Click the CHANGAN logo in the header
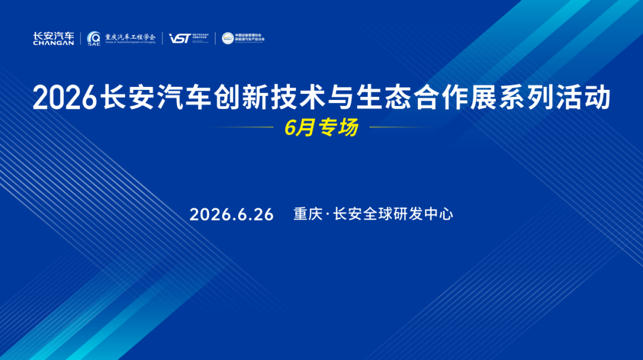[x=54, y=39]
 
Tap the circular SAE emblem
[x=94, y=37]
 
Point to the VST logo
[x=179, y=38]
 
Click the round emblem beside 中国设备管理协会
[x=227, y=38]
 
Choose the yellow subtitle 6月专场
[x=321, y=127]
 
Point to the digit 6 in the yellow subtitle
[x=289, y=128]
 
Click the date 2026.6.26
[x=232, y=215]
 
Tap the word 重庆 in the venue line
[x=308, y=214]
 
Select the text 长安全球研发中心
[x=394, y=214]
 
